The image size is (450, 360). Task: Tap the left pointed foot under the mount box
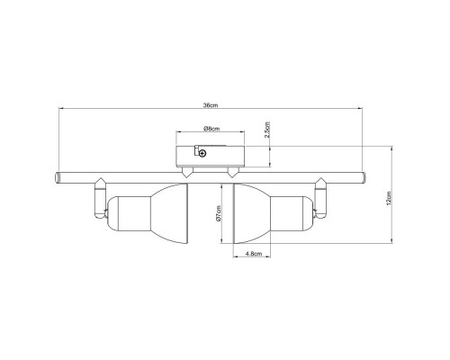click(186, 171)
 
